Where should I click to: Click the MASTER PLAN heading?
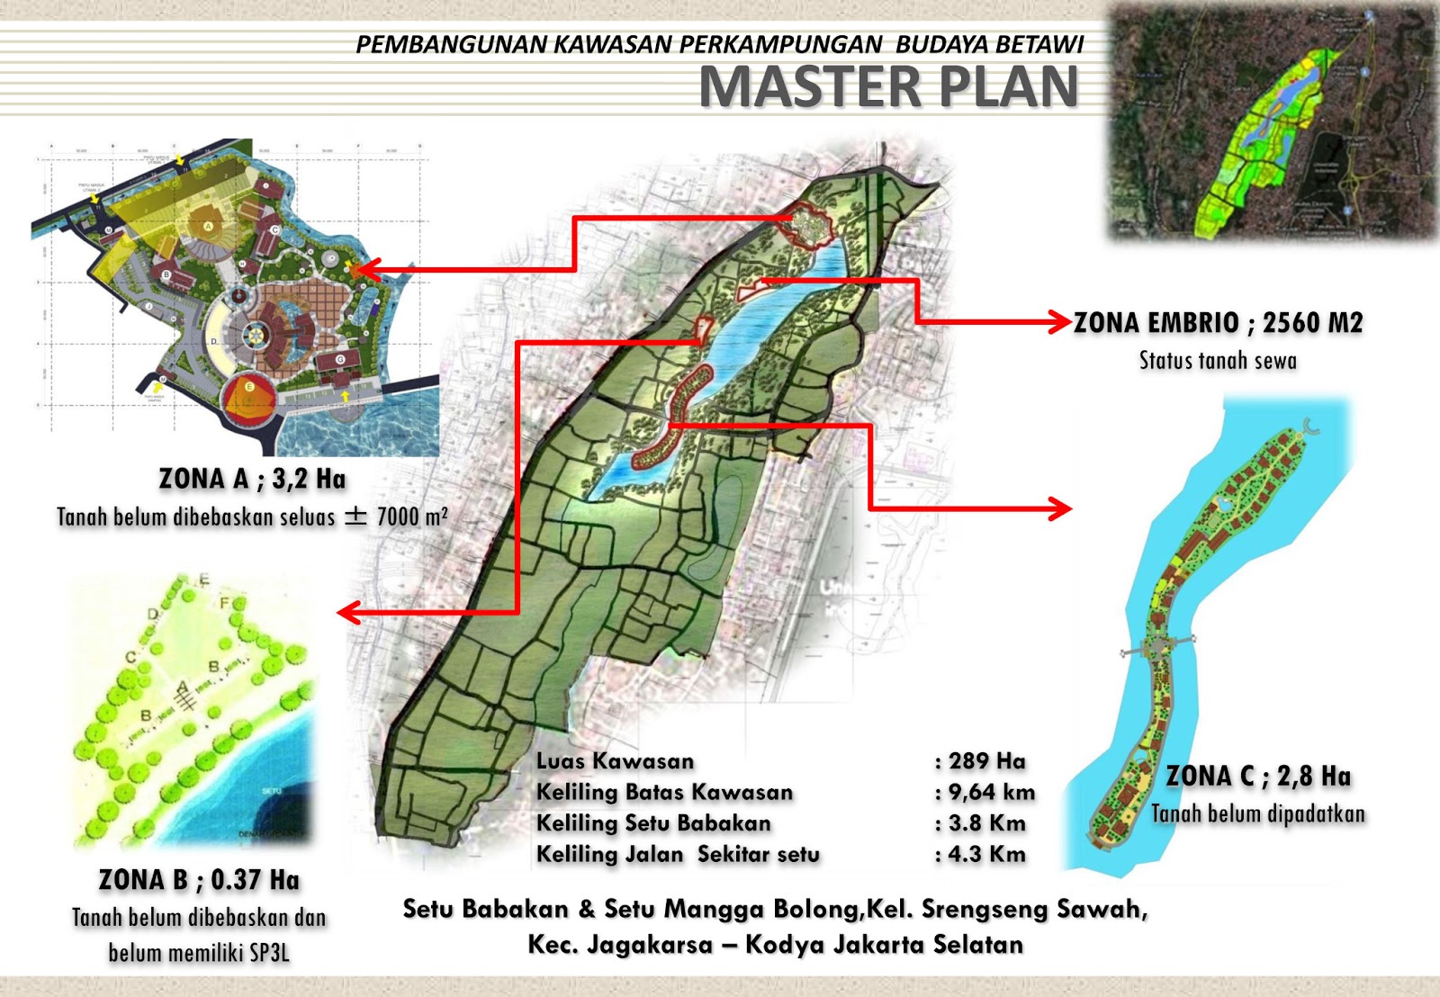[888, 87]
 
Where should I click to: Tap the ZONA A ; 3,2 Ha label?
[252, 479]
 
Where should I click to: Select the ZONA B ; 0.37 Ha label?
[199, 879]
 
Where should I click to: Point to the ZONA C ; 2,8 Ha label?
[1258, 776]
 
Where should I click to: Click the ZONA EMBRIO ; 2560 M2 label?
[1218, 322]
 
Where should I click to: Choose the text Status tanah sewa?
[1218, 361]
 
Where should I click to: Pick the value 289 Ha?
[986, 761]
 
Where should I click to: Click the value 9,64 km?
[991, 792]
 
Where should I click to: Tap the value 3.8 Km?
[986, 823]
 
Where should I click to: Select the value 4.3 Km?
[986, 854]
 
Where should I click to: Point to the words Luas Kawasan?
[615, 761]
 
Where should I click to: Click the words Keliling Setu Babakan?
[653, 823]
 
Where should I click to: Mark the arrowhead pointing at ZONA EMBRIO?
[1059, 322]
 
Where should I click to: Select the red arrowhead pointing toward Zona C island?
[1061, 509]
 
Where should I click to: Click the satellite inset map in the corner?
[1272, 121]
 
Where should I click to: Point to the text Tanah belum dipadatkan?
[1258, 813]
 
